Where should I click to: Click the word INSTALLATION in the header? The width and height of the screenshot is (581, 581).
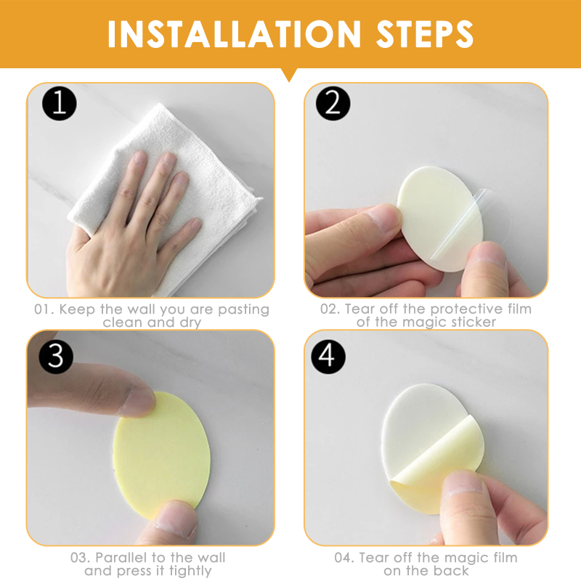coord(234,33)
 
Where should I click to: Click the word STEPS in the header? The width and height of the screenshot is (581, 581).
coord(425,33)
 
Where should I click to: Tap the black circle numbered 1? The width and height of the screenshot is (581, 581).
coord(60,103)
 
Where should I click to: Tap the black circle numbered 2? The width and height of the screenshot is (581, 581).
coord(333,103)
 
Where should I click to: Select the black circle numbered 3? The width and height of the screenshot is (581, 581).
coord(57,356)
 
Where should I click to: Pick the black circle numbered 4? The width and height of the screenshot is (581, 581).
coord(328,356)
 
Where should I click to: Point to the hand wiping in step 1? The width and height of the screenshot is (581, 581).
coord(134,229)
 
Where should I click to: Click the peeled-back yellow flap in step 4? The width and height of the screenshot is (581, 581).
coord(437,467)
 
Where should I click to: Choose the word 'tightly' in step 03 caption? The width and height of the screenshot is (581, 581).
coord(190,571)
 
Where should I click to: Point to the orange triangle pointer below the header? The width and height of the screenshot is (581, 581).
coord(289,74)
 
